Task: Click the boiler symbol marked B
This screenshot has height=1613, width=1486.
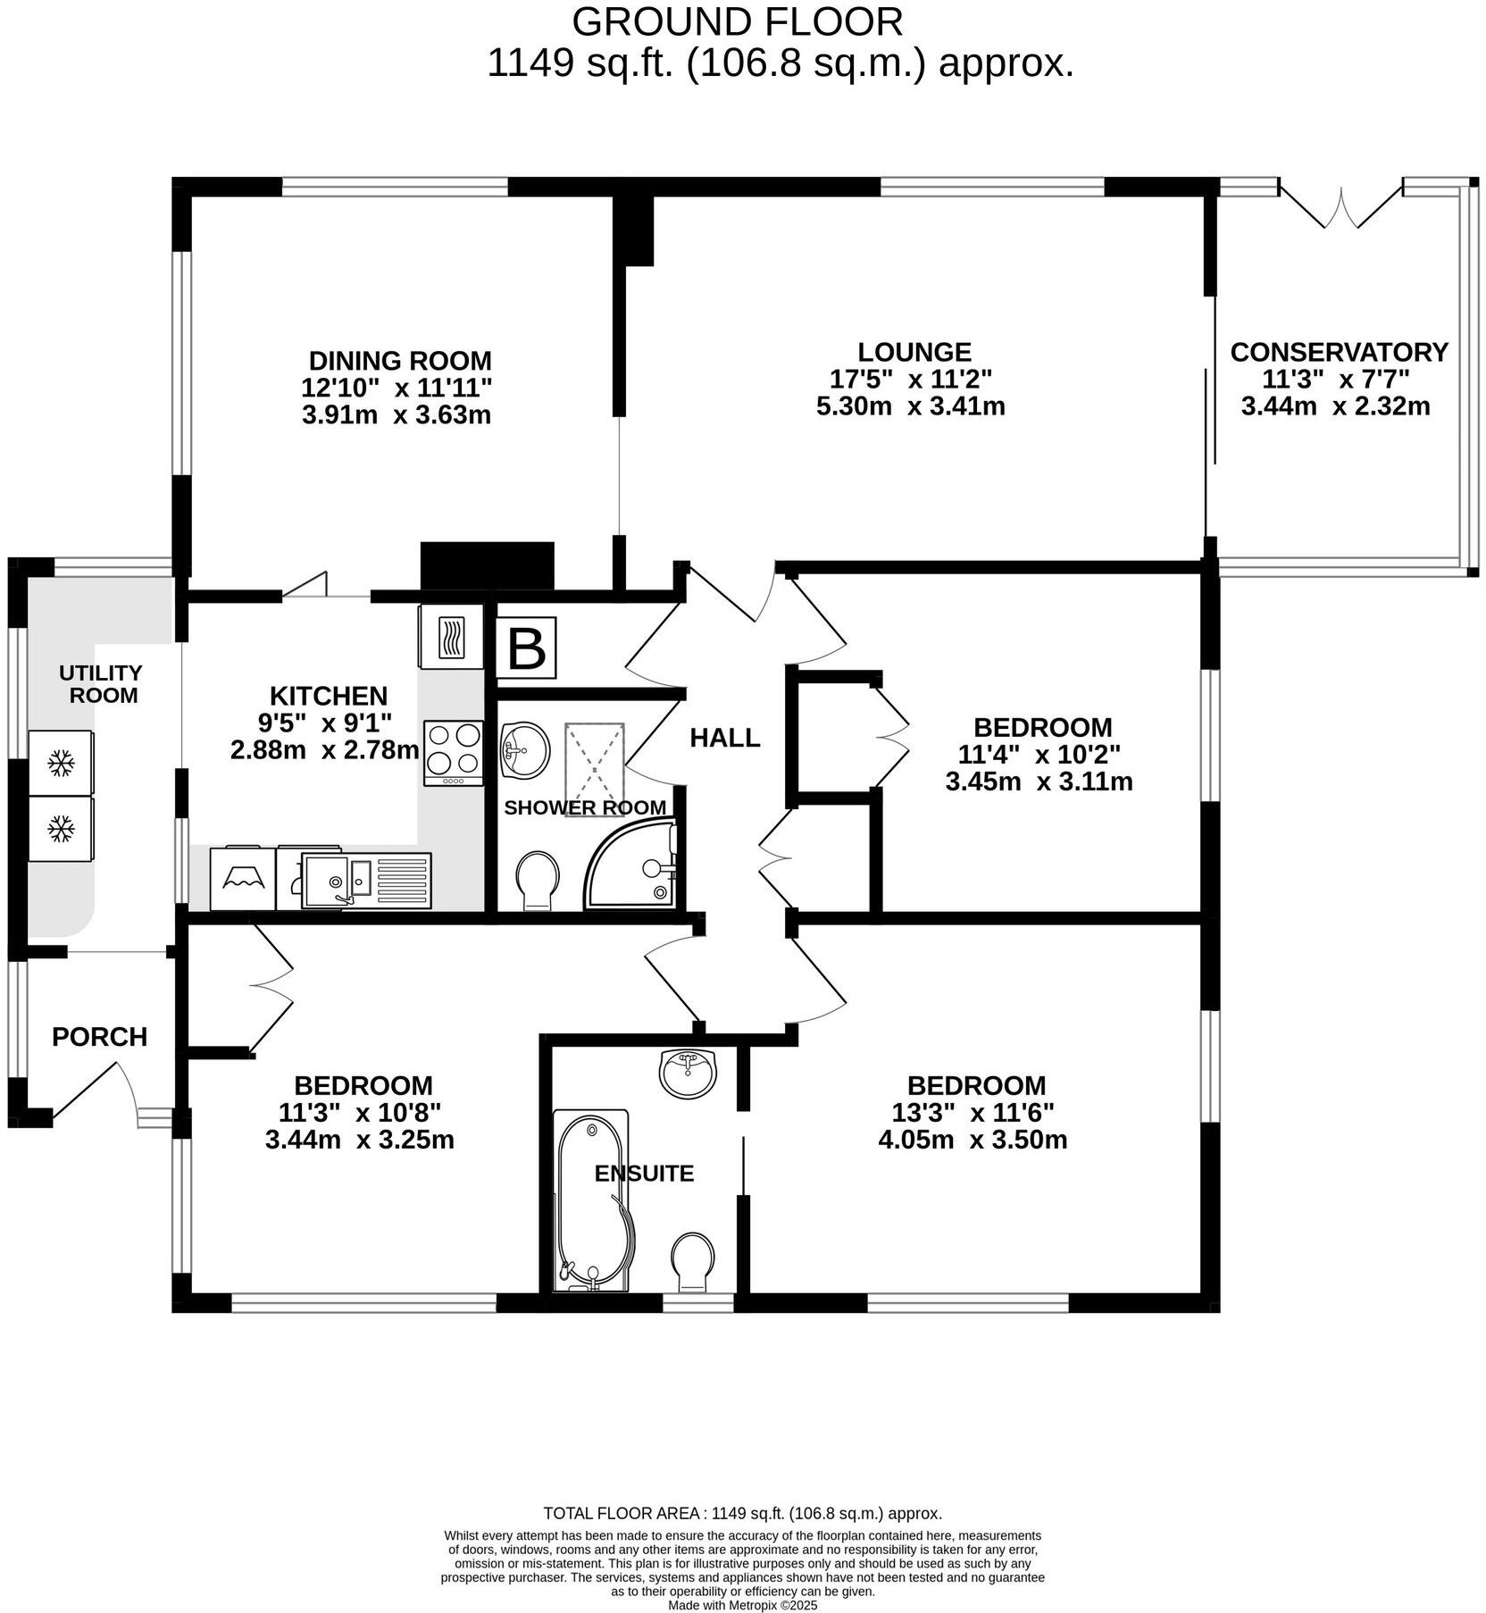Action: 526,648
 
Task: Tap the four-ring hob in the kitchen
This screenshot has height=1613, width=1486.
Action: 454,751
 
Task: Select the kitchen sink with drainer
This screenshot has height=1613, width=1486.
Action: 366,880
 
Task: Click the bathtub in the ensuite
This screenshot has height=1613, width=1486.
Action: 591,1199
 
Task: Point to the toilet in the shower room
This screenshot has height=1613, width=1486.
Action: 538,881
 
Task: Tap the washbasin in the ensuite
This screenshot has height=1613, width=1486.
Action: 687,1072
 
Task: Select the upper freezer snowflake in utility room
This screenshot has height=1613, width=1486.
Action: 61,763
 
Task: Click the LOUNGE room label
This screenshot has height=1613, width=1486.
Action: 914,352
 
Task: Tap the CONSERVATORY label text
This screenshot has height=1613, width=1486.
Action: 1338,352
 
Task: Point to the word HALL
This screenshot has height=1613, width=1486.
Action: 724,738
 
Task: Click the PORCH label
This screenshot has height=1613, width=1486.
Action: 99,1037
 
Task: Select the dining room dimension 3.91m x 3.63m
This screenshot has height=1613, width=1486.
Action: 397,415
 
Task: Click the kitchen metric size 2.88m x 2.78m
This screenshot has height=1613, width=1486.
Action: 324,749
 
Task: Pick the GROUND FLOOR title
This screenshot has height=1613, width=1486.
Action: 737,21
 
